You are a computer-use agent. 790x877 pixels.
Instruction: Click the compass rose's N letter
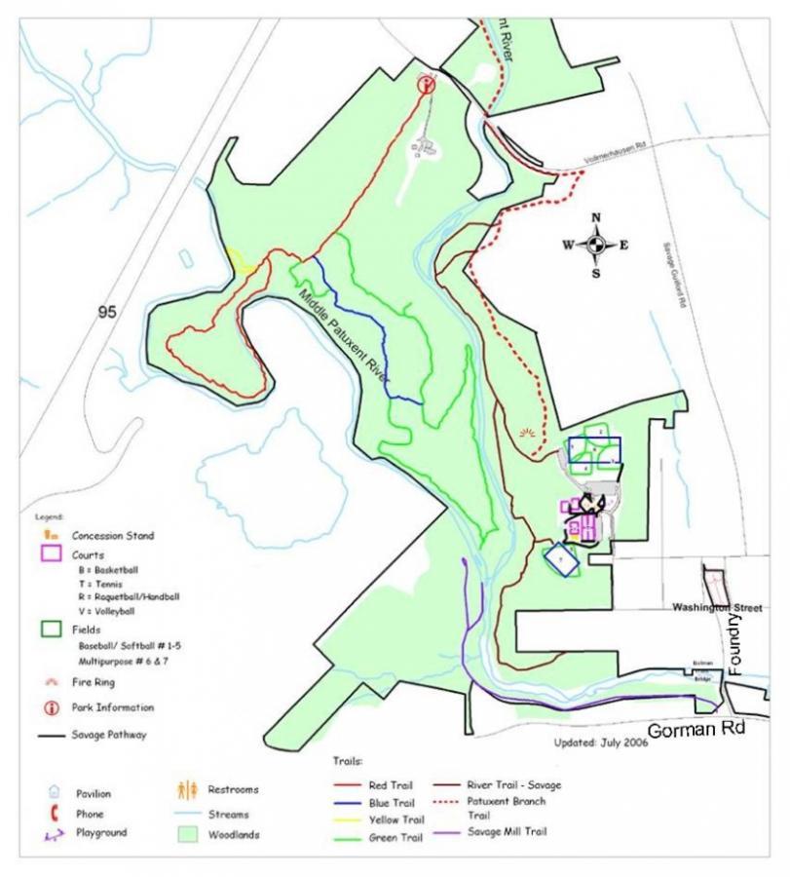pyautogui.click(x=596, y=217)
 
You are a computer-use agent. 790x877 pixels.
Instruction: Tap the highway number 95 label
pyautogui.click(x=109, y=312)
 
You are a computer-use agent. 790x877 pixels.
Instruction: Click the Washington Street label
pyautogui.click(x=716, y=607)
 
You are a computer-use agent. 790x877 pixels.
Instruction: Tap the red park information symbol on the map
pyautogui.click(x=425, y=86)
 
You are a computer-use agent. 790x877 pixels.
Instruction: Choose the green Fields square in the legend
pyautogui.click(x=50, y=629)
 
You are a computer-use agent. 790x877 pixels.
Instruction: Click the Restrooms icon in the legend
pyautogui.click(x=187, y=789)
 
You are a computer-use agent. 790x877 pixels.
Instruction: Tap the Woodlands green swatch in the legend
pyautogui.click(x=187, y=835)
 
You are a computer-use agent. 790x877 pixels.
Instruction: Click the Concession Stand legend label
pyautogui.click(x=112, y=535)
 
